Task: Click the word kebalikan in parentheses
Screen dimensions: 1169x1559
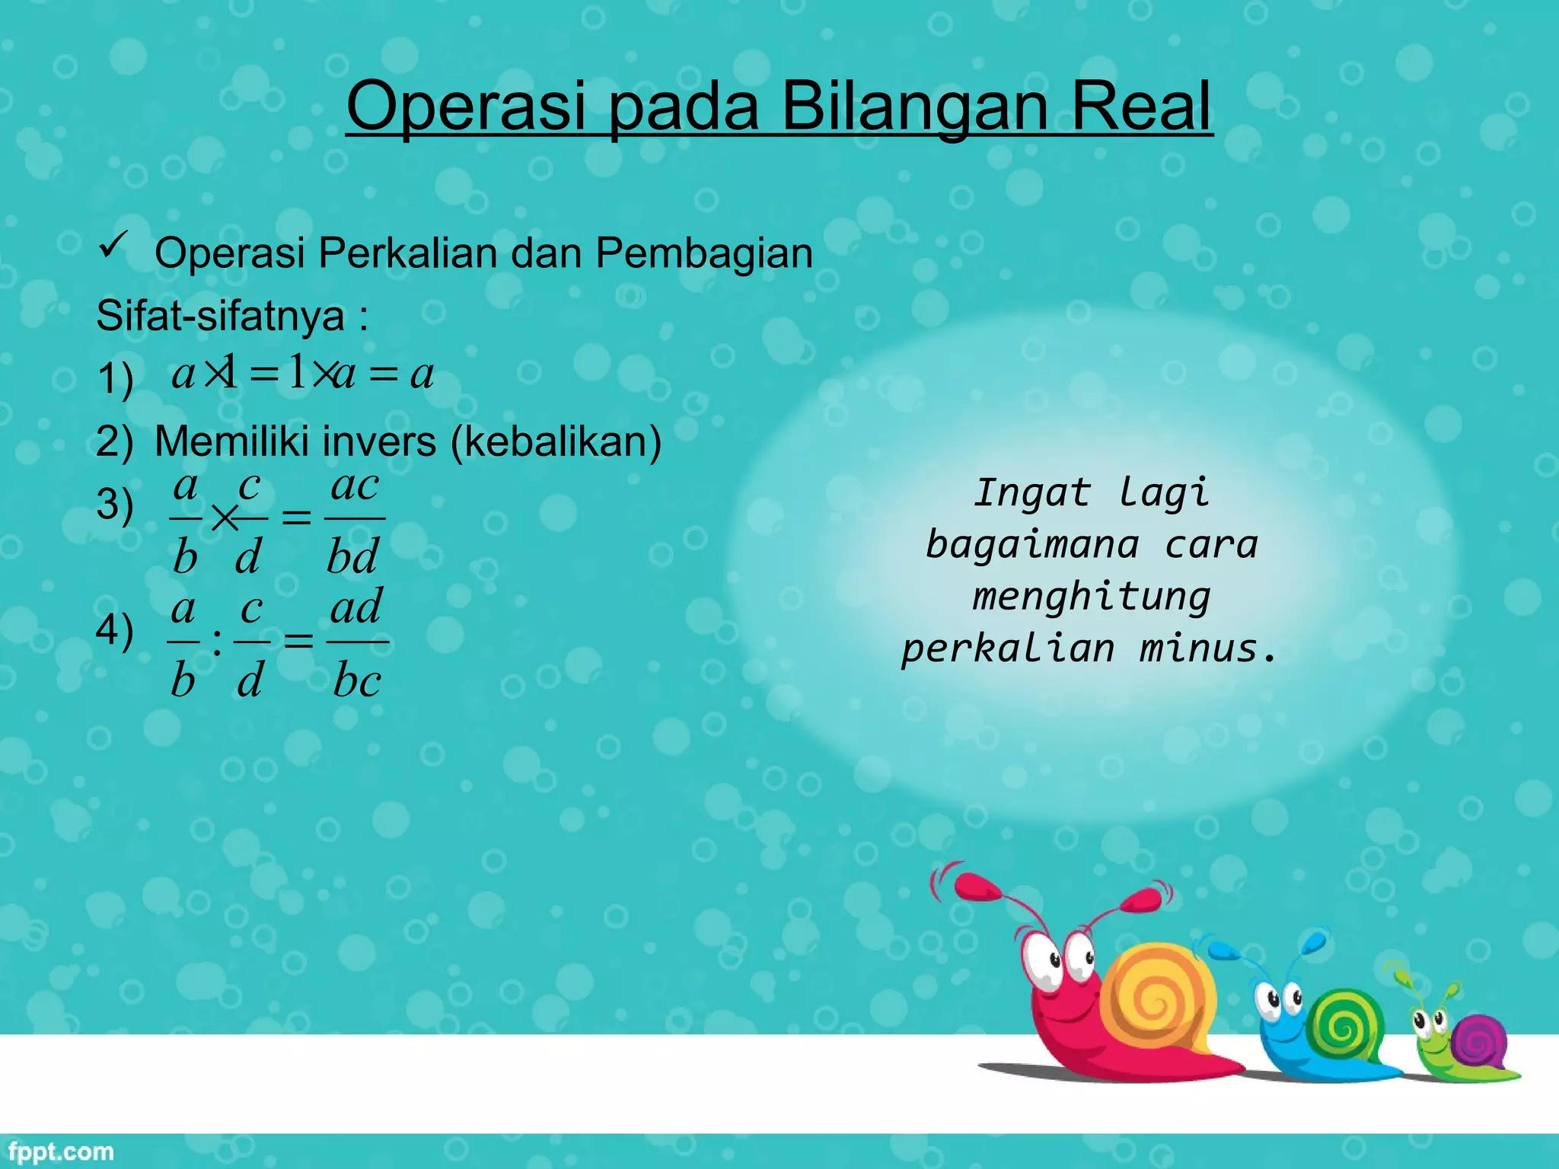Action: [556, 441]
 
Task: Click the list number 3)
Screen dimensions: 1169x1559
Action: [115, 505]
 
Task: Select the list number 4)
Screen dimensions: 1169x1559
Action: [115, 630]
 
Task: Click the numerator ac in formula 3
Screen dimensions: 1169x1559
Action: [355, 486]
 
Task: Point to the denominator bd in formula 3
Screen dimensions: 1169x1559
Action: [352, 556]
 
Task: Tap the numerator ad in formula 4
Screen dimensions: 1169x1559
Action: [356, 608]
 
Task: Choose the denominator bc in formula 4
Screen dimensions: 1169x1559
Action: [357, 680]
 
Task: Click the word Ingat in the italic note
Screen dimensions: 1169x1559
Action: [1032, 493]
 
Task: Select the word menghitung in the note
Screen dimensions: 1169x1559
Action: [1091, 597]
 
